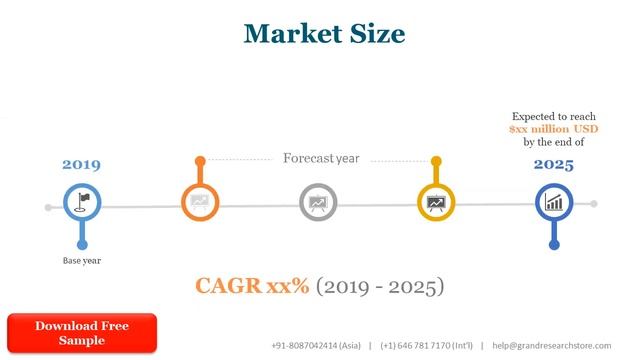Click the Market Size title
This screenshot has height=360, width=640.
pos(324,33)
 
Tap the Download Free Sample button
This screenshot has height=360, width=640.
pos(82,333)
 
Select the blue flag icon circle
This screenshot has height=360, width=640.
pos(83,203)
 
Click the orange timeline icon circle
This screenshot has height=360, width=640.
pos(200,203)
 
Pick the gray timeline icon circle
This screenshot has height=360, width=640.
pos(318,203)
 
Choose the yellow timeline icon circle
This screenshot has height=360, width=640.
pos(436,203)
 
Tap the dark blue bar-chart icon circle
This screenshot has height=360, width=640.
pos(553,203)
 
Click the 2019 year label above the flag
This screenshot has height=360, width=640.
pos(82,165)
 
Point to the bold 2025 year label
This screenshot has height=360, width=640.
pos(553,165)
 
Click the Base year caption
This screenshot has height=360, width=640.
pos(82,260)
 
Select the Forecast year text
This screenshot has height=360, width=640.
pos(321,158)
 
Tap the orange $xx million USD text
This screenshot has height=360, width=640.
pos(553,129)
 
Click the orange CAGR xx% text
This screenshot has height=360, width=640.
pos(252,286)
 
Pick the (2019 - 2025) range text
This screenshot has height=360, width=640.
pos(380,287)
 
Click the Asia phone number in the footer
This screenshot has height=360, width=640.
pos(316,345)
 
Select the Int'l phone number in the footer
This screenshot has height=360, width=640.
pos(427,345)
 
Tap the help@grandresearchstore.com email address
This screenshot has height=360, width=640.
pos(551,345)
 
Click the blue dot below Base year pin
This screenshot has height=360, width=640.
pos(83,243)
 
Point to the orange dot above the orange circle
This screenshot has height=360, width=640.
pos(200,160)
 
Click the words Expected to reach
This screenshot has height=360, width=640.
pos(553,116)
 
